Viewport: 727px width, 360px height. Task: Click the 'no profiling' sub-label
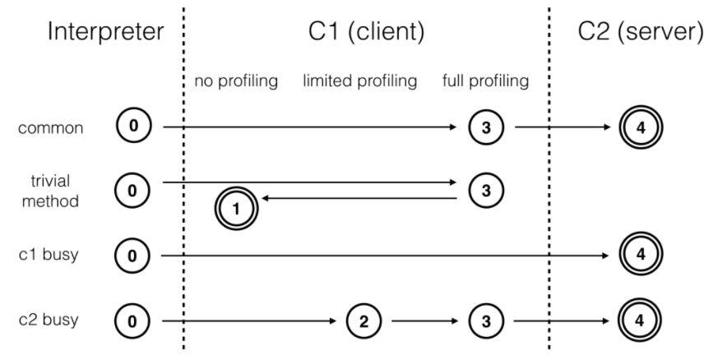click(x=234, y=81)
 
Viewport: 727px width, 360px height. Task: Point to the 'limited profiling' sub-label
click(x=360, y=81)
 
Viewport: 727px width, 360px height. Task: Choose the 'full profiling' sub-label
click(x=485, y=81)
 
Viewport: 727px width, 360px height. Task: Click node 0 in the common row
click(x=134, y=127)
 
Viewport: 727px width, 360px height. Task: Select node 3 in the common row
click(x=485, y=127)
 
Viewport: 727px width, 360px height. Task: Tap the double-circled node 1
click(x=234, y=208)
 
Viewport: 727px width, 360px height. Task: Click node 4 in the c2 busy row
click(x=637, y=319)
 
